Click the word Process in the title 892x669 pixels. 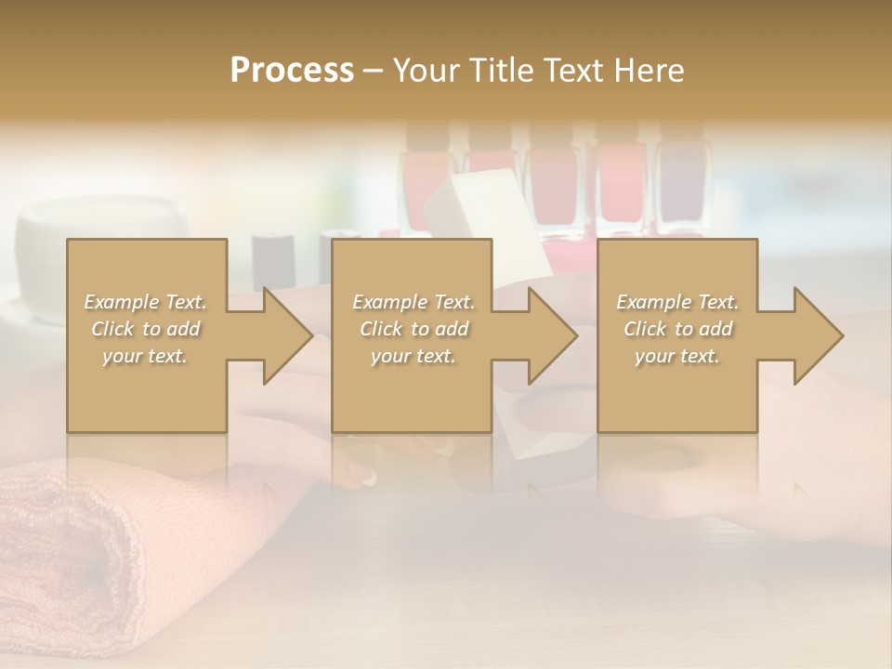coord(292,71)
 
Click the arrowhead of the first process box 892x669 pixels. coord(288,335)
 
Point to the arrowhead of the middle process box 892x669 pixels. coord(553,335)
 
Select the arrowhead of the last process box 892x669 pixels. coord(819,335)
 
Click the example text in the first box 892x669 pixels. coord(146,329)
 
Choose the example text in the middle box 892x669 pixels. coord(413,329)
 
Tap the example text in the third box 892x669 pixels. coord(677,329)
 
